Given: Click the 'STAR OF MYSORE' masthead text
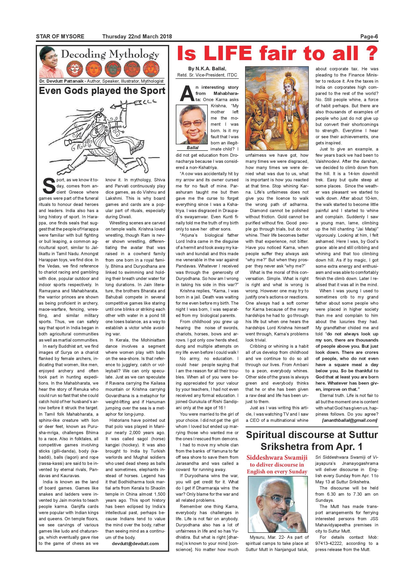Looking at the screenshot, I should click(x=60, y=36).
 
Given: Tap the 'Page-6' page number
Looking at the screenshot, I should click(x=369, y=36).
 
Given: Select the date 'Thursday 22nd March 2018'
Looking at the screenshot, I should click(x=137, y=36).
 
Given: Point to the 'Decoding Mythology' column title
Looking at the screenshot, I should click(x=110, y=54).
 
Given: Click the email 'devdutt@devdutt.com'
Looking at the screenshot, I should click(x=135, y=543).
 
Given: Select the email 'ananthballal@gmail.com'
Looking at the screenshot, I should click(x=350, y=420).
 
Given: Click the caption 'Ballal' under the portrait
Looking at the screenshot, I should click(x=192, y=148).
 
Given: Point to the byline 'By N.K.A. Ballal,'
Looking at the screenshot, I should click(x=207, y=68).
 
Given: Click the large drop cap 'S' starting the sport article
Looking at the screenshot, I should click(x=49, y=186).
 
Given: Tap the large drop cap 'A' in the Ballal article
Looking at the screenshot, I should click(x=185, y=93).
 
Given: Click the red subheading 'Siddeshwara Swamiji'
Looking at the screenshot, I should click(x=277, y=458).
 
